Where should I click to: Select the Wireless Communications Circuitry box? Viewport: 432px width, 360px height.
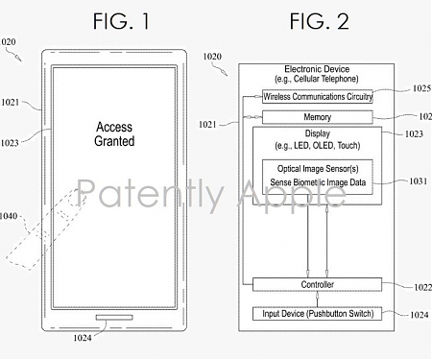click(x=318, y=96)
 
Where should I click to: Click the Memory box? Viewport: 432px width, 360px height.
click(x=318, y=116)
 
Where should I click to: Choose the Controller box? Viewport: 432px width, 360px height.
click(x=318, y=284)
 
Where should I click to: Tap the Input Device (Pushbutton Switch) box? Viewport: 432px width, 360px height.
click(x=318, y=313)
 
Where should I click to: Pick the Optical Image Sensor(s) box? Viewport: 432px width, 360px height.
click(x=318, y=175)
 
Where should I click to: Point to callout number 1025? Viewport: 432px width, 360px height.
click(x=420, y=88)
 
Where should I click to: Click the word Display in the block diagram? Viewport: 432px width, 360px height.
click(x=318, y=133)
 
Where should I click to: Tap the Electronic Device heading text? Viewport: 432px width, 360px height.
click(x=318, y=69)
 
